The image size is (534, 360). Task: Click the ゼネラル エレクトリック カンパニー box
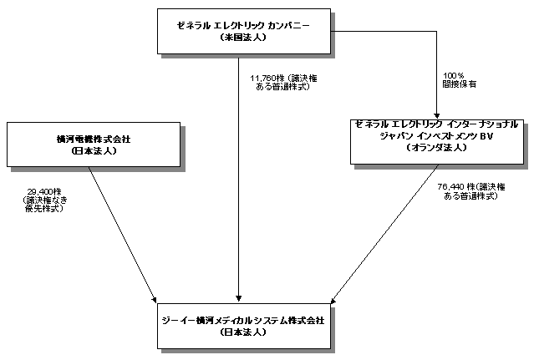[241, 31]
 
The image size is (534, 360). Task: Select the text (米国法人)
[241, 38]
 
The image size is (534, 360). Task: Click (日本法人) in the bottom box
[241, 332]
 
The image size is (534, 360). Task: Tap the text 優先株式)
[43, 208]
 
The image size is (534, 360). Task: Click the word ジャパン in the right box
[397, 134]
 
